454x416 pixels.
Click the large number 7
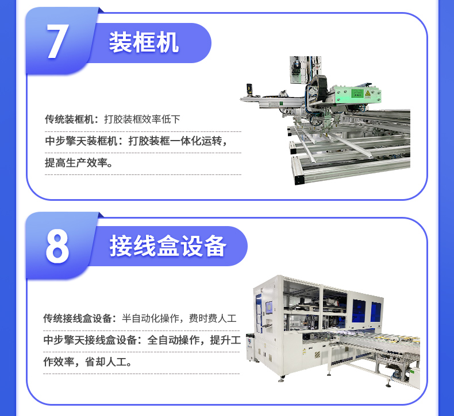click(x=57, y=41)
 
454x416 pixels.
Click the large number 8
click(x=57, y=246)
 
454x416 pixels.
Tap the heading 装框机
click(x=144, y=42)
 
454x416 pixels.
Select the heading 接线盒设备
click(x=168, y=246)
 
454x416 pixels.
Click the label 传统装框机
click(x=69, y=119)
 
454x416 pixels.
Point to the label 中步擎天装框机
click(x=82, y=141)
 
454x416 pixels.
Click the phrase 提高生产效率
click(x=76, y=163)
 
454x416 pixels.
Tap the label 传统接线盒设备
click(x=78, y=318)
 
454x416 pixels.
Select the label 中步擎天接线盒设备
click(x=90, y=340)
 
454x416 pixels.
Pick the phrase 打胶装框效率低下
click(x=142, y=119)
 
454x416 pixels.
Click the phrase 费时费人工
click(x=213, y=318)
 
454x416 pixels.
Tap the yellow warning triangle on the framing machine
click(x=368, y=94)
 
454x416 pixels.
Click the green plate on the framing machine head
click(x=357, y=94)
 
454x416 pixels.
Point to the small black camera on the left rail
click(x=249, y=89)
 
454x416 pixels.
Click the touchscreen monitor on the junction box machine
click(x=269, y=308)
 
